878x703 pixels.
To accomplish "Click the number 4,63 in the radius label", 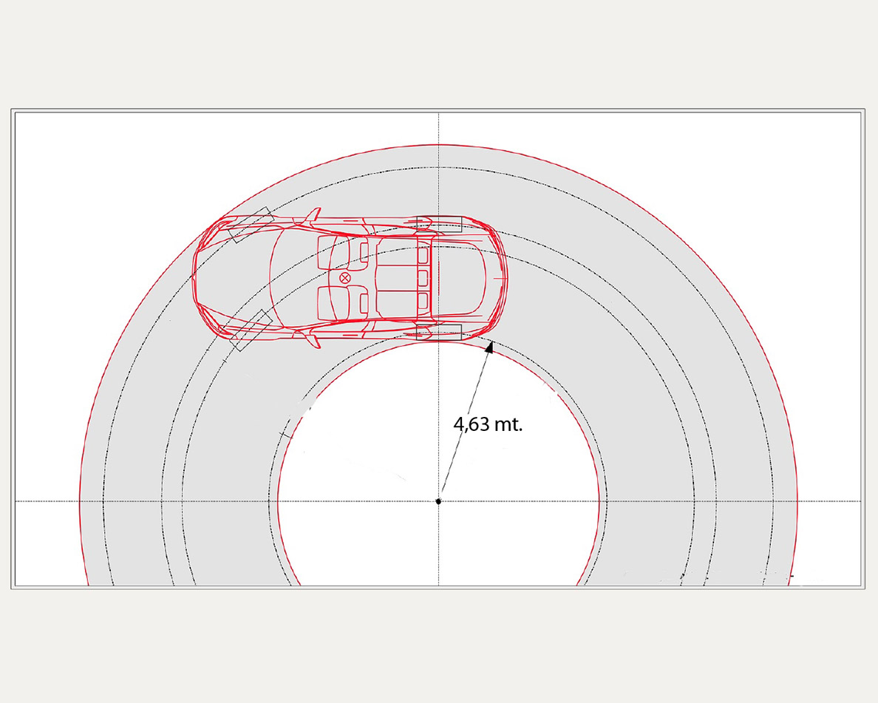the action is (471, 425).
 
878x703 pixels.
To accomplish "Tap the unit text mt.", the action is (509, 425).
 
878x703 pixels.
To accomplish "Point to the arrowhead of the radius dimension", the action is (489, 347).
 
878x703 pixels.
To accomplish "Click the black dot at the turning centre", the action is (438, 501).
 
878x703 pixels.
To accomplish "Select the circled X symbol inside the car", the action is (345, 278).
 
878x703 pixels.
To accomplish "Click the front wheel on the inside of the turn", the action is (251, 330).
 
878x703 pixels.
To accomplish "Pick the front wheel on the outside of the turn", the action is (251, 225).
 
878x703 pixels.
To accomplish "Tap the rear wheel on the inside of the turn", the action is (439, 332).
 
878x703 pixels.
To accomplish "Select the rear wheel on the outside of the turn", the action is (439, 224).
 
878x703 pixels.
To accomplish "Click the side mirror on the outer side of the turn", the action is (313, 214).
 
